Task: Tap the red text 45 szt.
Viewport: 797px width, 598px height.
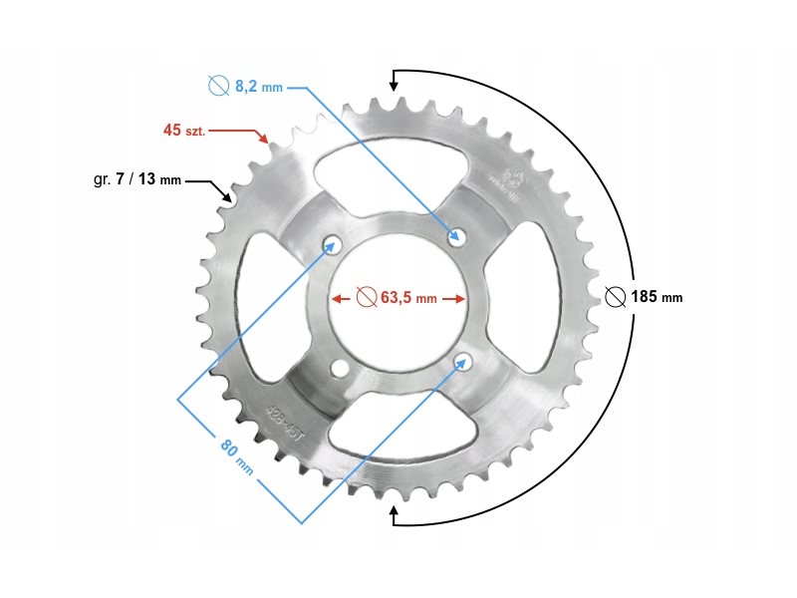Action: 184,131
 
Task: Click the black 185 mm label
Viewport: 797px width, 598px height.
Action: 658,297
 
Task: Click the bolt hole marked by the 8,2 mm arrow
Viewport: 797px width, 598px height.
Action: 458,236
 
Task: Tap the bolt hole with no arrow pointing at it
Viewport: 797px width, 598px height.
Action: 339,370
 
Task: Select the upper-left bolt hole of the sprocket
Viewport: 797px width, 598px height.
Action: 332,245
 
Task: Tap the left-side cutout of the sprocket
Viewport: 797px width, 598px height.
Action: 254,303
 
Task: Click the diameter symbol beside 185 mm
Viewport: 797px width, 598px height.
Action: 615,297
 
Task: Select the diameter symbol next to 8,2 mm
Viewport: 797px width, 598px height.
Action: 219,87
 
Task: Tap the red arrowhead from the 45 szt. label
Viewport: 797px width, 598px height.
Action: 264,141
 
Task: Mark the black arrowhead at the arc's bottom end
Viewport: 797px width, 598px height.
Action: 395,515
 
